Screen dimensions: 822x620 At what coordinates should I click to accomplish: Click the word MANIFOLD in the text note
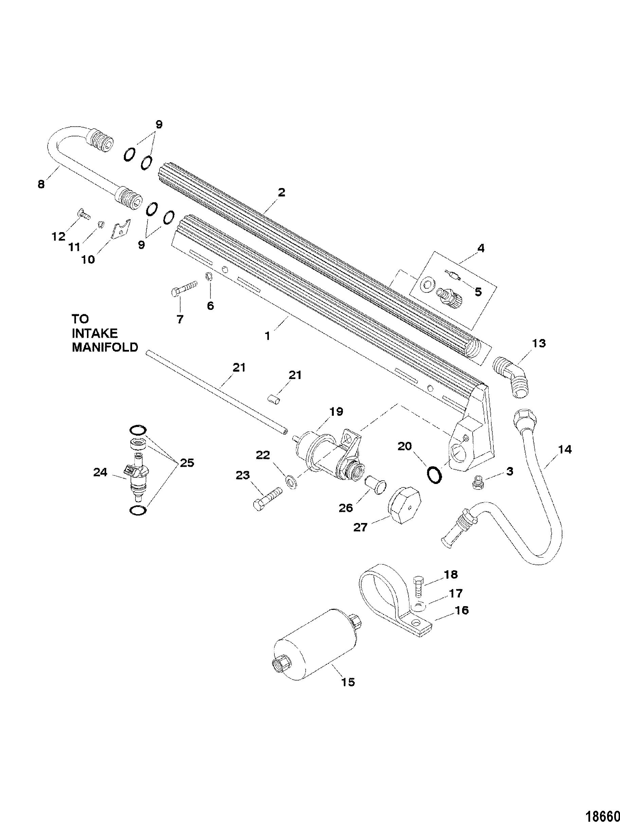click(x=105, y=347)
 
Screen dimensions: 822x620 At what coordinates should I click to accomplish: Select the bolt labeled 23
click(x=267, y=497)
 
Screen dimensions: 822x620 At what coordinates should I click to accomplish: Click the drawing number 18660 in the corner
click(x=602, y=814)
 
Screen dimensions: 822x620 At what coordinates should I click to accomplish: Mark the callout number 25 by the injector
click(x=187, y=463)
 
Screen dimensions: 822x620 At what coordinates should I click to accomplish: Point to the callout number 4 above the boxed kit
click(x=480, y=248)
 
